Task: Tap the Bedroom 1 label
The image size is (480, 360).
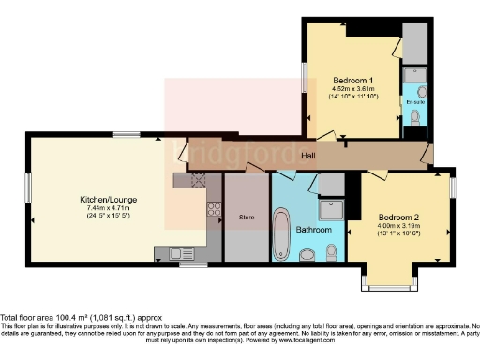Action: [x=352, y=81]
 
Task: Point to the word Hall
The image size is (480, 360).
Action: [x=308, y=156]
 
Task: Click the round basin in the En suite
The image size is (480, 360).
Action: [x=421, y=91]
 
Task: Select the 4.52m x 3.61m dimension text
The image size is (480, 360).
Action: [x=352, y=90]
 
